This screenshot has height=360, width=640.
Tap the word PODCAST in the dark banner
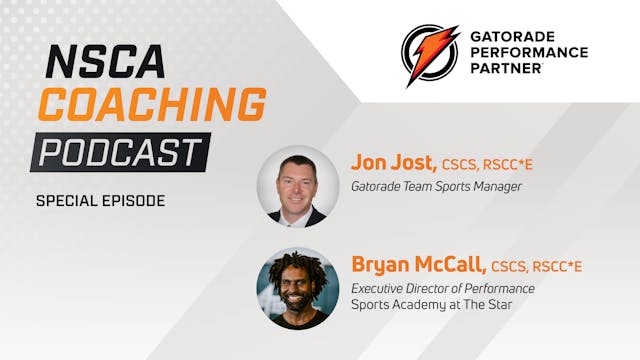click(120, 152)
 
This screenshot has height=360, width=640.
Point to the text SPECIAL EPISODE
click(100, 200)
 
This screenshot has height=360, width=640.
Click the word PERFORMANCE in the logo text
click(528, 52)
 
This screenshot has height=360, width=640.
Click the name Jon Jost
click(391, 161)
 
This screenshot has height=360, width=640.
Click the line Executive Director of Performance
click(442, 289)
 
